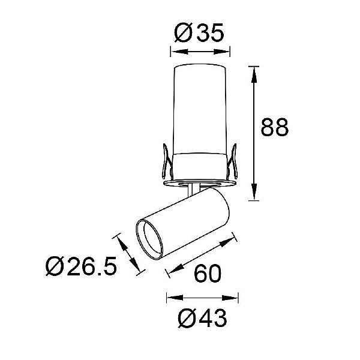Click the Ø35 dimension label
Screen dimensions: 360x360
(x=199, y=33)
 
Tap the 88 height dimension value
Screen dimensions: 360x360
(x=275, y=127)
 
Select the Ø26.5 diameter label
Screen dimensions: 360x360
(x=82, y=266)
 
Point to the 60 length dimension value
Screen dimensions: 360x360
(x=208, y=274)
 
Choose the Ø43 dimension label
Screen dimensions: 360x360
(x=202, y=318)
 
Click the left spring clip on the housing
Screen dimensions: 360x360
(x=167, y=161)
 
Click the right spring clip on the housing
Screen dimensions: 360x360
(x=232, y=161)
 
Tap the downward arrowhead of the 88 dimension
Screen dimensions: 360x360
(x=254, y=191)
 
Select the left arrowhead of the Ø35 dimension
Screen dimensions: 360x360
(x=179, y=52)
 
